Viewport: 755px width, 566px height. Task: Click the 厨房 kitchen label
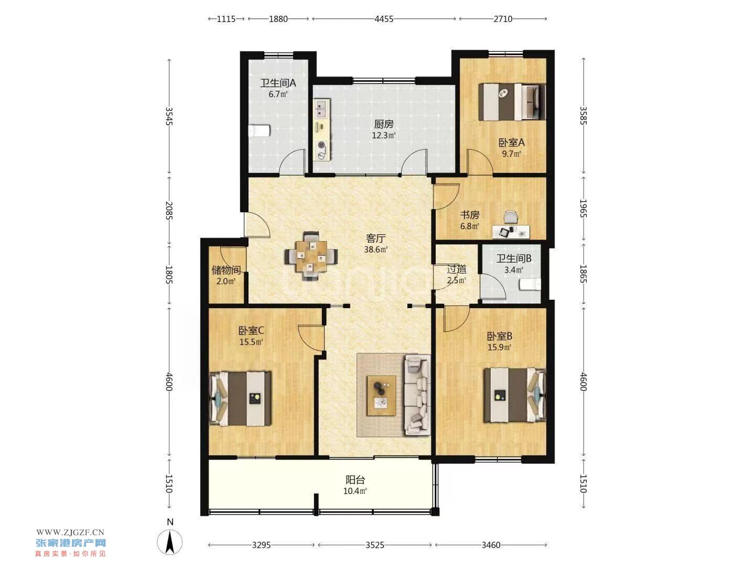tap(383, 124)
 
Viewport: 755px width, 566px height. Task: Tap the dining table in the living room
tap(311, 256)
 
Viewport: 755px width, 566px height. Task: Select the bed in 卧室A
tap(512, 102)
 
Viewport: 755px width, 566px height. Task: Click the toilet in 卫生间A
tap(259, 130)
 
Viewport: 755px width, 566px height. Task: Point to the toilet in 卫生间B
tap(530, 284)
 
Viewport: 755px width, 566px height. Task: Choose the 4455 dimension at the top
tap(383, 19)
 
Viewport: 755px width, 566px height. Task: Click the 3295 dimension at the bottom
tap(261, 545)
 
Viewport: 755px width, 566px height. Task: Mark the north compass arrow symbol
tap(169, 542)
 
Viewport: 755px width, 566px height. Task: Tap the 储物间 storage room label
tap(226, 270)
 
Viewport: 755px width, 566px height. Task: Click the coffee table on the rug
tap(381, 396)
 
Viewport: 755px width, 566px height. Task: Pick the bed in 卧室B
tap(514, 395)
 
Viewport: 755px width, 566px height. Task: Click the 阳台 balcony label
tap(355, 480)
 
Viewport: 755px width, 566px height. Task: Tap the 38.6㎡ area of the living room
tap(375, 249)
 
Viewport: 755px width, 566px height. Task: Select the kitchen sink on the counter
tap(321, 108)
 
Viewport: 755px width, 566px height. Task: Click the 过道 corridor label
tap(457, 269)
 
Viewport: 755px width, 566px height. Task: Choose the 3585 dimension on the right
tap(583, 116)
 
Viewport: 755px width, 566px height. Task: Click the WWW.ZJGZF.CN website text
tap(70, 532)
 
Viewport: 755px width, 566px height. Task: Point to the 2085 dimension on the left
tap(169, 210)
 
